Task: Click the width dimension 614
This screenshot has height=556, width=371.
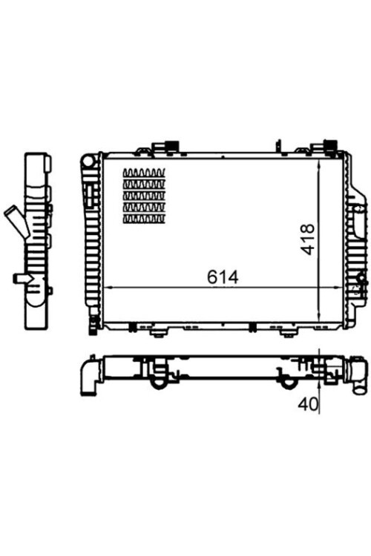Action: [x=222, y=277]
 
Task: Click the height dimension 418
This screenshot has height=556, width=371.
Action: [x=309, y=239]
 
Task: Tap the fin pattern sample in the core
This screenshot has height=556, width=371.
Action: [x=144, y=196]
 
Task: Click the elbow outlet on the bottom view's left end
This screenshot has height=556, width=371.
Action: [x=90, y=375]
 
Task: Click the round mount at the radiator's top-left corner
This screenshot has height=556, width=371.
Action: [x=90, y=159]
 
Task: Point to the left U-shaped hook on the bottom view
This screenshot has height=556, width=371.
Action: [x=159, y=381]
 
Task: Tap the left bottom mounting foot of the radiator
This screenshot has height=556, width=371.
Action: [x=157, y=331]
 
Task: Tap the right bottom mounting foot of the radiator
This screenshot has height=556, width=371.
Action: [x=286, y=331]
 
